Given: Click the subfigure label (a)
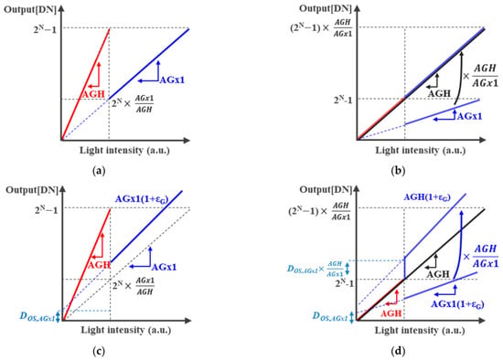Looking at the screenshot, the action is click(x=99, y=171).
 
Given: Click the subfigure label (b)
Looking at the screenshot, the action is click(x=398, y=171).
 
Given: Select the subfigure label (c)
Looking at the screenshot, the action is click(x=99, y=352).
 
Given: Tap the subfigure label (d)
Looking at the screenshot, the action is click(x=398, y=352).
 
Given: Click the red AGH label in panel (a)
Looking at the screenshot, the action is click(x=93, y=94).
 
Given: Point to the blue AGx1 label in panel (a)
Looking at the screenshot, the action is click(x=172, y=79).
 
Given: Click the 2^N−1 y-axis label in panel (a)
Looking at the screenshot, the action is click(x=45, y=29).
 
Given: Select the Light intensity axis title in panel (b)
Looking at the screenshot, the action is click(x=421, y=151).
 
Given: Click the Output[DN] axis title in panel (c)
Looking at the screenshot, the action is click(x=32, y=190).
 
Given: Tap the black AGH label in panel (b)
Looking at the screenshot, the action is click(x=440, y=93).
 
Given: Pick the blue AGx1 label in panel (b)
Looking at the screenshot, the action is click(x=469, y=116).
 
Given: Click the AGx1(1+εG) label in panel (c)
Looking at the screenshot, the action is click(x=142, y=199).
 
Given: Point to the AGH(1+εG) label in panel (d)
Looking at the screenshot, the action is click(x=427, y=197).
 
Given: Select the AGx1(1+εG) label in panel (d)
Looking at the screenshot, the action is click(x=457, y=304).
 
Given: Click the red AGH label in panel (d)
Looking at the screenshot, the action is click(x=391, y=313).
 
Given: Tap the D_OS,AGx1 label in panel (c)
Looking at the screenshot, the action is click(x=37, y=317).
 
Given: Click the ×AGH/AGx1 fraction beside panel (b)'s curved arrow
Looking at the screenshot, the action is click(x=480, y=76).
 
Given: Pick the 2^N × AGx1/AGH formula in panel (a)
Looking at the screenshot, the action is click(x=133, y=103).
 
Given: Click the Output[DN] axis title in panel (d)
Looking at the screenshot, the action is click(x=326, y=190).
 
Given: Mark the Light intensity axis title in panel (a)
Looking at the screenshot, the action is click(x=124, y=151).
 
